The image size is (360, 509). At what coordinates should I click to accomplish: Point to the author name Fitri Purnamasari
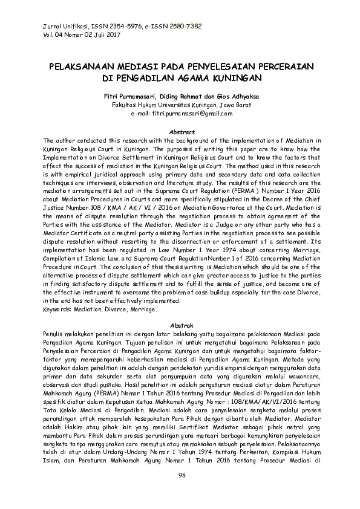tap(128, 96)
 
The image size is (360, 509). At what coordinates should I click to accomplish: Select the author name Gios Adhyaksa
tap(230, 96)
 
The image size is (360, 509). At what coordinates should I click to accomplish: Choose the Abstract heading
tap(181, 132)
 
